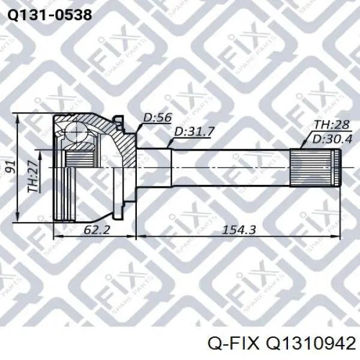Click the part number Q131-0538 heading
(50, 16)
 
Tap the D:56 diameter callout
(157, 118)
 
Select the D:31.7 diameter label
(194, 131)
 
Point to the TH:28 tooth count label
(331, 125)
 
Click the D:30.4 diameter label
(332, 139)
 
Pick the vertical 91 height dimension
(10, 167)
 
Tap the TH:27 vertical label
(34, 176)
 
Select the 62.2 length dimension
(97, 229)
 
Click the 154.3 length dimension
(239, 230)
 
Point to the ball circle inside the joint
(76, 131)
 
